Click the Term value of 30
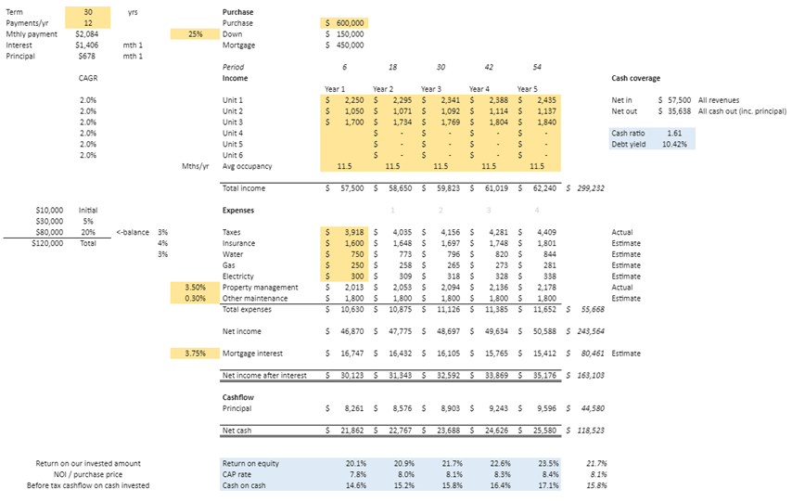[88, 12]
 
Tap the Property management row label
[261, 288]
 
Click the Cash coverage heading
[635, 78]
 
